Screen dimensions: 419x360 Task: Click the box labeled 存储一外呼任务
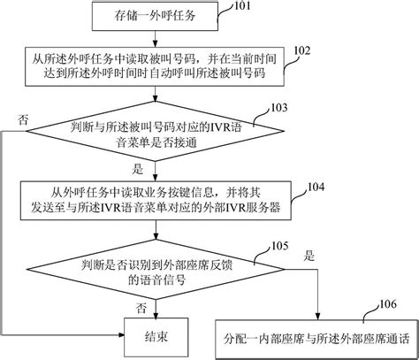point(155,16)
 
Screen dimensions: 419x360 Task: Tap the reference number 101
point(242,6)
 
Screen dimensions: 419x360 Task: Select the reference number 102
point(302,50)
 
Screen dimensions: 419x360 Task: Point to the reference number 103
point(278,108)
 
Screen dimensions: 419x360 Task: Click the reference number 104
point(316,187)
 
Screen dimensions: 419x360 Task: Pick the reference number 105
point(280,246)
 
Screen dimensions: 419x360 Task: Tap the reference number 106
point(388,304)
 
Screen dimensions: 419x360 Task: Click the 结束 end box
point(156,337)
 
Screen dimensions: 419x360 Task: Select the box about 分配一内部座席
point(316,339)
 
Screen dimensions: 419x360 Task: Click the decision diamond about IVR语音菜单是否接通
point(156,131)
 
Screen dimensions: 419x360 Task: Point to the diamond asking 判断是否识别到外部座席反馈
point(156,269)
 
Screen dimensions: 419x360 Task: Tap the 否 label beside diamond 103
point(23,119)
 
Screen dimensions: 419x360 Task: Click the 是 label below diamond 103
point(137,170)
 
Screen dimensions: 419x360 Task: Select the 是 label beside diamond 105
point(309,256)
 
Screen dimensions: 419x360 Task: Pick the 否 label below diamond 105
point(141,309)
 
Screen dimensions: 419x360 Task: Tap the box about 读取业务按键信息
point(156,201)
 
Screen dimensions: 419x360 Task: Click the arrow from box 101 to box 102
point(156,39)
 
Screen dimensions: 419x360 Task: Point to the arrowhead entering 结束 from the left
point(121,334)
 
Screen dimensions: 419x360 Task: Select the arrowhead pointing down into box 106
point(318,317)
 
